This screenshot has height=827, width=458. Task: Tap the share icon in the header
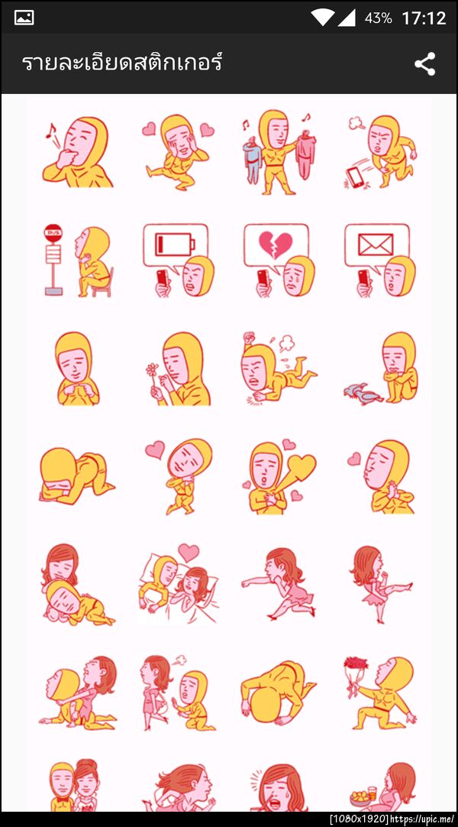pos(424,64)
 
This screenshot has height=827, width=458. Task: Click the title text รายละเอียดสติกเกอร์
pos(122,63)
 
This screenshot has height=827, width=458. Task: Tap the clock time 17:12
pos(424,18)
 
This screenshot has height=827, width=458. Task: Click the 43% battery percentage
pos(378,18)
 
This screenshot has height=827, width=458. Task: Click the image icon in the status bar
pos(24,18)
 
